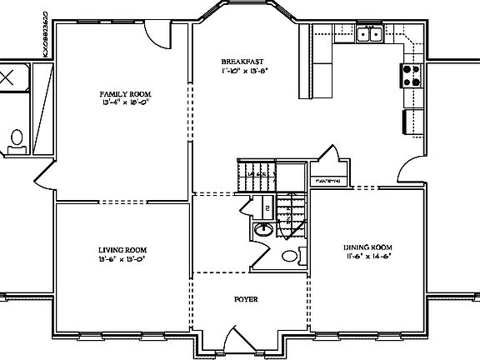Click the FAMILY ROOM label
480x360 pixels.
click(x=125, y=94)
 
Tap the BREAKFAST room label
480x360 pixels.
click(x=244, y=62)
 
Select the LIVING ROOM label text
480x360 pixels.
click(x=122, y=249)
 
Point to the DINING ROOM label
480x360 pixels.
click(x=367, y=247)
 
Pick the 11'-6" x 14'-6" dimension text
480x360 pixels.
click(x=367, y=257)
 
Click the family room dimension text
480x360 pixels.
click(x=125, y=104)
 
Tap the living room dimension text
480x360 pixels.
click(x=122, y=258)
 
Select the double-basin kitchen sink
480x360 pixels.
click(x=368, y=34)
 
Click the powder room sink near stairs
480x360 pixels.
click(x=262, y=231)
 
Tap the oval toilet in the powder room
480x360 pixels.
click(x=289, y=256)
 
